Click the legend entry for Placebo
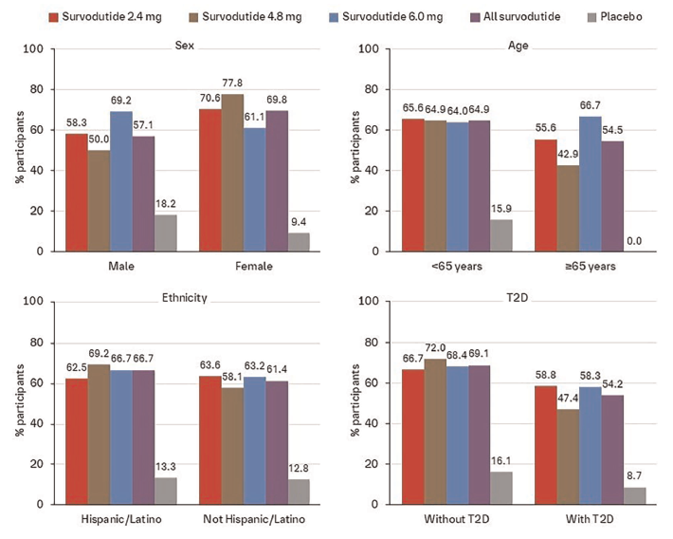[620, 16]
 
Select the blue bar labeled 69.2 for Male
[119, 181]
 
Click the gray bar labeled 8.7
[634, 495]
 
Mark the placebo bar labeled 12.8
[298, 492]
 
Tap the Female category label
[255, 267]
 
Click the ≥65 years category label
[591, 267]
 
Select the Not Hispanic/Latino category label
[255, 520]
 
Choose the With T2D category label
[591, 520]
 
